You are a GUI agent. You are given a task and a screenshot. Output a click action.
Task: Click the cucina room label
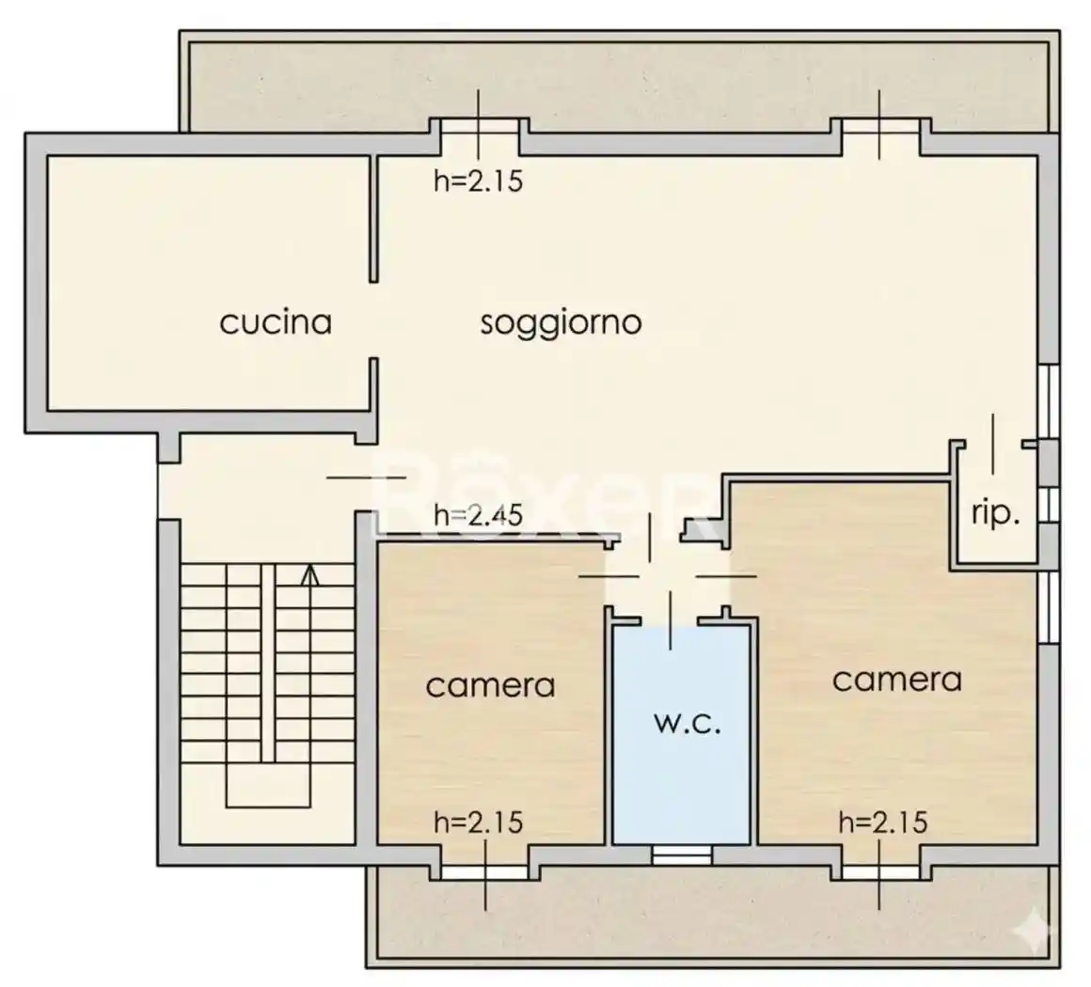[276, 322]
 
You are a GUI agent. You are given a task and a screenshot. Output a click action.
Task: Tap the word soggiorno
[561, 322]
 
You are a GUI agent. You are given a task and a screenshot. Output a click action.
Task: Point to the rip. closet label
[995, 514]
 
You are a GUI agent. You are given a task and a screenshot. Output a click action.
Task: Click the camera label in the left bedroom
[490, 685]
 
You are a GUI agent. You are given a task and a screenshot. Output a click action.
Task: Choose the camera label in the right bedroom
[896, 680]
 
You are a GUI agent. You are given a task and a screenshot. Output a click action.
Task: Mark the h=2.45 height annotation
[478, 514]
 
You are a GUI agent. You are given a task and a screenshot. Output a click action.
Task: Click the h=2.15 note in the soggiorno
[478, 180]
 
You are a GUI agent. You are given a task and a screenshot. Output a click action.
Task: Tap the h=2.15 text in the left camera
[478, 822]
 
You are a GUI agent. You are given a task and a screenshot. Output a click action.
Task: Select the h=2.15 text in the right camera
[883, 822]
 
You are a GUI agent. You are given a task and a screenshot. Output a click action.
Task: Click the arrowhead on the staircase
[308, 573]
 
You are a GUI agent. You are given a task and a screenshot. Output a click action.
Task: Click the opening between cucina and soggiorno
[373, 320]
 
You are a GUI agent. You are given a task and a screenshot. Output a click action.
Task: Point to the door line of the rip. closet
[993, 442]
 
